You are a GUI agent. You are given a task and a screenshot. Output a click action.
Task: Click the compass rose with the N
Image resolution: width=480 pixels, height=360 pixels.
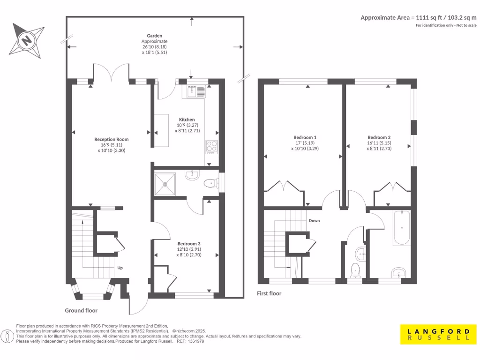[27, 40]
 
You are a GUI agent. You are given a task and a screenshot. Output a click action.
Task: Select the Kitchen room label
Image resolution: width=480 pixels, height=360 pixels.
[187, 120]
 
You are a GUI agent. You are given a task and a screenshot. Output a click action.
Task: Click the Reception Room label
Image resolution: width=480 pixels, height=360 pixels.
[112, 139]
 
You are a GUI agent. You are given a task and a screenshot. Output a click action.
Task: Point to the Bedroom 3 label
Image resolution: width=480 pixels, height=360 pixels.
[189, 244]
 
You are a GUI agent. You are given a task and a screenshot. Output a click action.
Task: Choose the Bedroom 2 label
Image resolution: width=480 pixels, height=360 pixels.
[379, 137]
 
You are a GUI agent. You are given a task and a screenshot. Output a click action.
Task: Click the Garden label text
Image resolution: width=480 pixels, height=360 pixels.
[155, 36]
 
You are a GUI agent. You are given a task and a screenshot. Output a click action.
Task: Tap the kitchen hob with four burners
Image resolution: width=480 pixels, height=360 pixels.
[212, 147]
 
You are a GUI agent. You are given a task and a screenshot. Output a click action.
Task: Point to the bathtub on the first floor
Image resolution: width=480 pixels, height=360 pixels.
[402, 228]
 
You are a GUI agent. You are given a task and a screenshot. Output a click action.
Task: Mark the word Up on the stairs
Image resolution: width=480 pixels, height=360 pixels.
[120, 268]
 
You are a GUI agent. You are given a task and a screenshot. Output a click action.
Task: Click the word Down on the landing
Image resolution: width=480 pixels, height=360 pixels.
[314, 220]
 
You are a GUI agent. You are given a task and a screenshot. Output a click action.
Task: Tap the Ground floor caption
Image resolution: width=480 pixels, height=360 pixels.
[81, 310]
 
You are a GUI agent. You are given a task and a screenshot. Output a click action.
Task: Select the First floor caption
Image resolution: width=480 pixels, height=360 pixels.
[269, 293]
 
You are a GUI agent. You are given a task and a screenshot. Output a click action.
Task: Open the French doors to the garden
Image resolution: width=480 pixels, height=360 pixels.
[112, 74]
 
